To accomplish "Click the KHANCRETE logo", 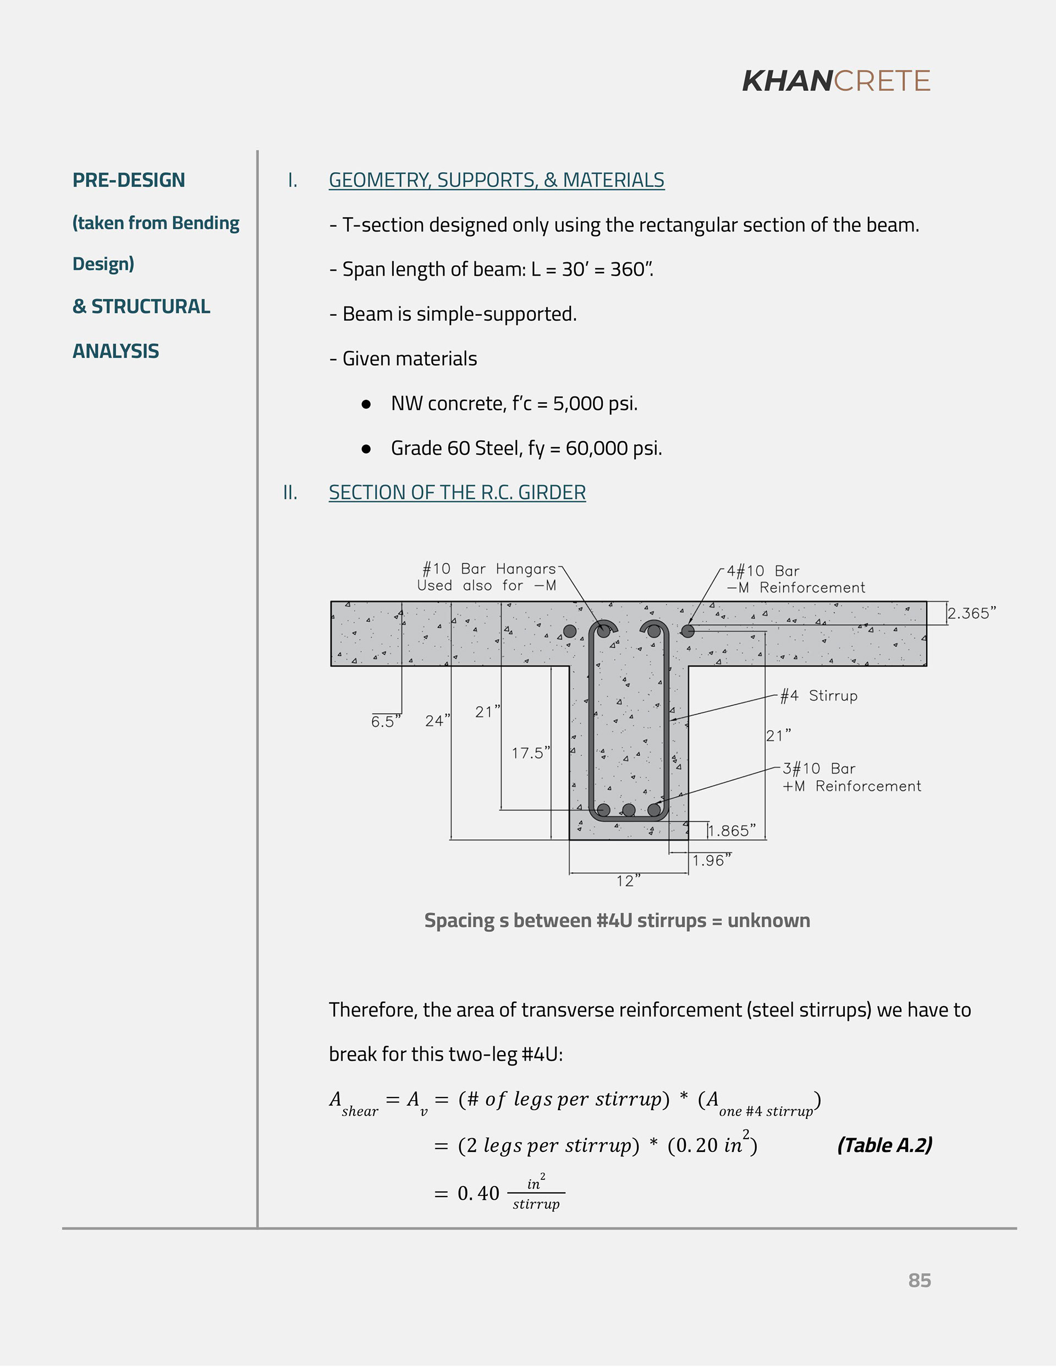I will (x=835, y=81).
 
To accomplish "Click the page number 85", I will (x=919, y=1280).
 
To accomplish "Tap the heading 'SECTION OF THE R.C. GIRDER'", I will (x=457, y=492).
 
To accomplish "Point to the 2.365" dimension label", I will (x=971, y=613).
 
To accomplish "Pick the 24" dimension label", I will (x=437, y=721).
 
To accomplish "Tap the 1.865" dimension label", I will (x=731, y=831).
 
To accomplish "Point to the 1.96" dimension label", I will (x=711, y=861).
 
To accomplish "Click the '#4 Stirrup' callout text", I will (x=818, y=696).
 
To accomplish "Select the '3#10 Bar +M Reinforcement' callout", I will (x=851, y=777).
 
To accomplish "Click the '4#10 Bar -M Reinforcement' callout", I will (x=795, y=579).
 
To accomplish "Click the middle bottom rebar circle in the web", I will (x=629, y=810).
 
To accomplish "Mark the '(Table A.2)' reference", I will (x=884, y=1145).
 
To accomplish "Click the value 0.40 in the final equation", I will (x=479, y=1194).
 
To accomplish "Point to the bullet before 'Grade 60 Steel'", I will (x=366, y=449).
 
